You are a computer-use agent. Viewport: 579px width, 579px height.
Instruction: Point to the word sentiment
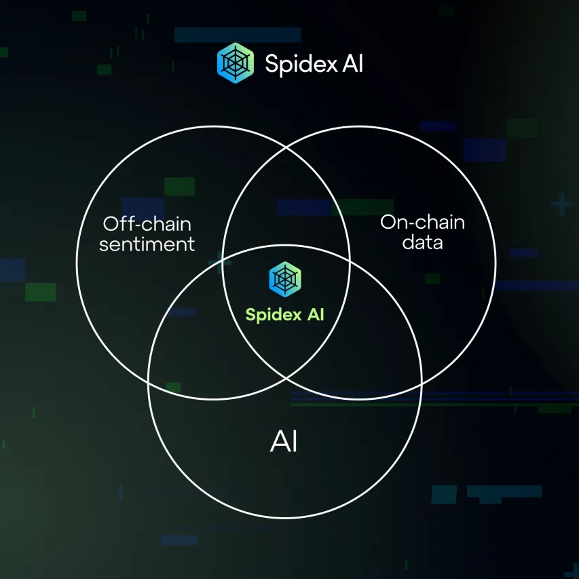147,244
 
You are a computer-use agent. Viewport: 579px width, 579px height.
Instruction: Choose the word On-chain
423,222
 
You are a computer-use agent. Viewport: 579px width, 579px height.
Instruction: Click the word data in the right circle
423,242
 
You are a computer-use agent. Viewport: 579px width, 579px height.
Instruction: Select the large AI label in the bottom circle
284,442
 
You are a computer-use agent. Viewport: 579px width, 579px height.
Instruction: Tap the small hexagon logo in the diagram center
285,278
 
